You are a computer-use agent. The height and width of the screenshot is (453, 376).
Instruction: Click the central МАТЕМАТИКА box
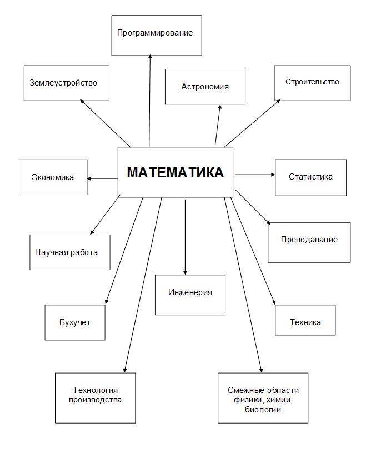coord(176,172)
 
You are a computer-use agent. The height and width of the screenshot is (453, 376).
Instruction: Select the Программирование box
coord(157,35)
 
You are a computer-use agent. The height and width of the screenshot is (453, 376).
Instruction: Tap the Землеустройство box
coord(67,83)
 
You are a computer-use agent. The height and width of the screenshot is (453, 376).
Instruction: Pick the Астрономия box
coord(205,87)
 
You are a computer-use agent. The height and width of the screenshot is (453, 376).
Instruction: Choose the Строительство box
coord(312,83)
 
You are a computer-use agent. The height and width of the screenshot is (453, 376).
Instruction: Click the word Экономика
coord(53,177)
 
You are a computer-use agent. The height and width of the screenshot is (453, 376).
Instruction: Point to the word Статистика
coord(310,177)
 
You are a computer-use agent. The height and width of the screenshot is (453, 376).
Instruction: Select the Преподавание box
coord(309,242)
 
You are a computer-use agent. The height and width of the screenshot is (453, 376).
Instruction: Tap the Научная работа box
coord(70,252)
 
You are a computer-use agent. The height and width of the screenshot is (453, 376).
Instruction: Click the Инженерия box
coord(190,295)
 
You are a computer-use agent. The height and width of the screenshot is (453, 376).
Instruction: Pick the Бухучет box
coord(75,322)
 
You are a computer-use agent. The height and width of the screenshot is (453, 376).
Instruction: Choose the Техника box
coord(305,320)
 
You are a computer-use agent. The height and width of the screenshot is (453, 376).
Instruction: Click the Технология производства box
coord(96,398)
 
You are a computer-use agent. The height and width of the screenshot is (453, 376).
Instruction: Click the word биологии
coord(263,410)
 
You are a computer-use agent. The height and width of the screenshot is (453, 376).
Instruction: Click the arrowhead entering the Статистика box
coord(273,175)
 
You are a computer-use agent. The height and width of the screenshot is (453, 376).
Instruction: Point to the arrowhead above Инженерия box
coord(185,272)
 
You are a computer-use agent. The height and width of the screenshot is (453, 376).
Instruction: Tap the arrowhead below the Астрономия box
coord(220,107)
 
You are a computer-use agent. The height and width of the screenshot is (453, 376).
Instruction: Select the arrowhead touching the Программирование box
coord(150,57)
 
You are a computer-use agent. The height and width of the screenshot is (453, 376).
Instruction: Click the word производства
coord(95,400)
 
